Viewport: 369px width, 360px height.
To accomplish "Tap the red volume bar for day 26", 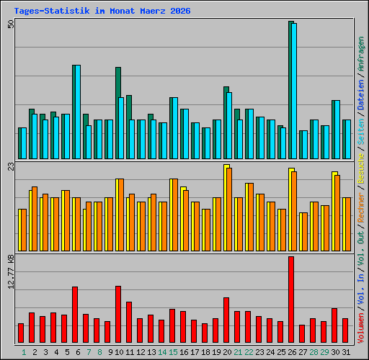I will click(x=291, y=300).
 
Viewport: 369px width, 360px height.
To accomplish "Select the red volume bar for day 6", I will click(x=75, y=315).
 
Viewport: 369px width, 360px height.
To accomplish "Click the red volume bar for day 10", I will click(x=118, y=314).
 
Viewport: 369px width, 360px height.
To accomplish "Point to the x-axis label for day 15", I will click(x=173, y=351).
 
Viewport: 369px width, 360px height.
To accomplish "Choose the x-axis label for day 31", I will click(x=346, y=351).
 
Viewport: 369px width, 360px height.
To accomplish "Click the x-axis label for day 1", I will click(x=24, y=351).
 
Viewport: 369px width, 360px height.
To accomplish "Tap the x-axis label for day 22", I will click(x=249, y=351).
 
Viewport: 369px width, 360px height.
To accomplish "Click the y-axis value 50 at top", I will click(x=11, y=24).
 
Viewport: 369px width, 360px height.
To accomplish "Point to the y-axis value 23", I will click(x=11, y=166).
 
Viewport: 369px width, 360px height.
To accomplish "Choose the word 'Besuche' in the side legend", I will click(x=360, y=166).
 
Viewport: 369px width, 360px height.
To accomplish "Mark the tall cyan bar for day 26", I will click(x=294, y=91).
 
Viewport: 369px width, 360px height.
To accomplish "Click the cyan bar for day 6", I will click(x=76, y=112).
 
